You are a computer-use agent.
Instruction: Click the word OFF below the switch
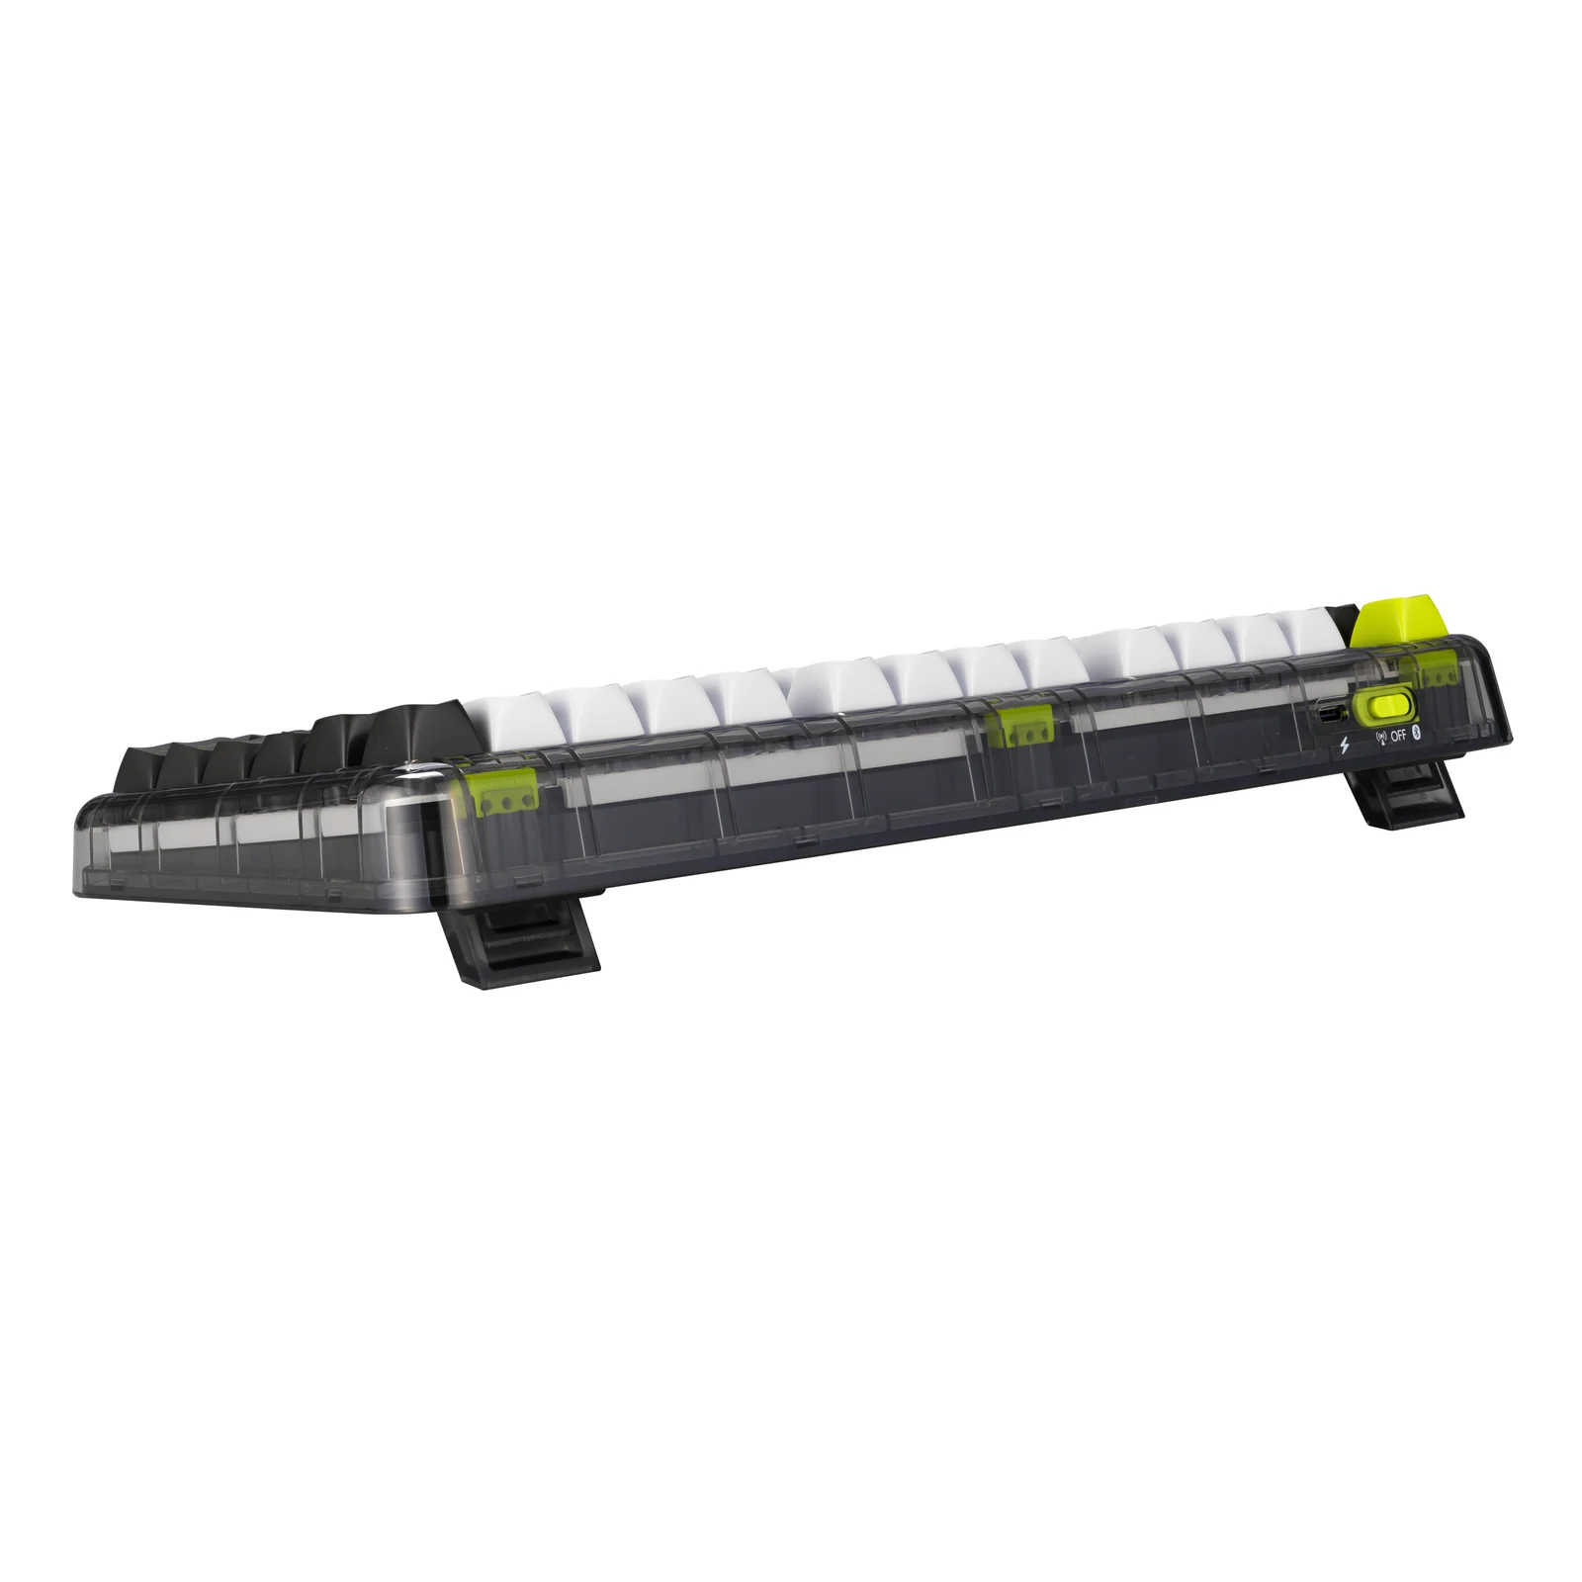tap(1398, 735)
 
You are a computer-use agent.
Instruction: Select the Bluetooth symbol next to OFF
tap(1415, 732)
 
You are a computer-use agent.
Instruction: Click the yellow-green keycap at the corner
tap(1404, 620)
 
